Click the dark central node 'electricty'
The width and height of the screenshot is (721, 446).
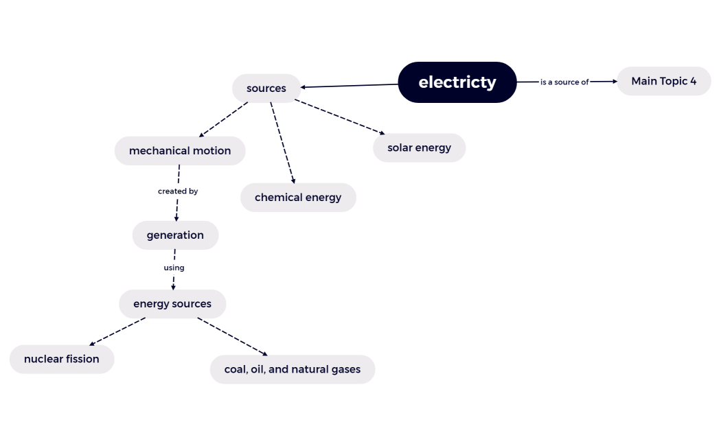pyautogui.click(x=457, y=82)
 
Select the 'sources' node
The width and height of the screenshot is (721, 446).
pyautogui.click(x=266, y=89)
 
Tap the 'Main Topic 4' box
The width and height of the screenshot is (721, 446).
pyautogui.click(x=663, y=81)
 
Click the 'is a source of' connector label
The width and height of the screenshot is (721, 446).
pyautogui.click(x=564, y=82)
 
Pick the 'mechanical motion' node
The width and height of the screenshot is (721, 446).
pyautogui.click(x=180, y=151)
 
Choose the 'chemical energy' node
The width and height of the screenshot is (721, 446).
pyautogui.click(x=298, y=198)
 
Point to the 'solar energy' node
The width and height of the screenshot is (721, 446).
pyautogui.click(x=419, y=148)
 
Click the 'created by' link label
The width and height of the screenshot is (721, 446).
pyautogui.click(x=178, y=191)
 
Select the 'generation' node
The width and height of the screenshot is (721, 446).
pyautogui.click(x=175, y=235)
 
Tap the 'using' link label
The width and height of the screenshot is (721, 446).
pyautogui.click(x=174, y=268)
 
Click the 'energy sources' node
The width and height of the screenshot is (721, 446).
pyautogui.click(x=172, y=304)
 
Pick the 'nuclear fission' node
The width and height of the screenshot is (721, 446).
pyautogui.click(x=62, y=359)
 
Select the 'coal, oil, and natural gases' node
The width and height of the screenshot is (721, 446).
pyautogui.click(x=293, y=369)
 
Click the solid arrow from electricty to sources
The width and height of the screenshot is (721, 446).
pyautogui.click(x=350, y=86)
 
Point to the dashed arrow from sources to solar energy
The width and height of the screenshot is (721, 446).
pyautogui.click(x=340, y=117)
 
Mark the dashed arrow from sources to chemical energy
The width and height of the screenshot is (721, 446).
pyautogui.click(x=282, y=143)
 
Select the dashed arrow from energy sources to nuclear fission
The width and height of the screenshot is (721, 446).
pyautogui.click(x=117, y=331)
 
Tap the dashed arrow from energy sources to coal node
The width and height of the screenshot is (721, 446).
pyautogui.click(x=232, y=336)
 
